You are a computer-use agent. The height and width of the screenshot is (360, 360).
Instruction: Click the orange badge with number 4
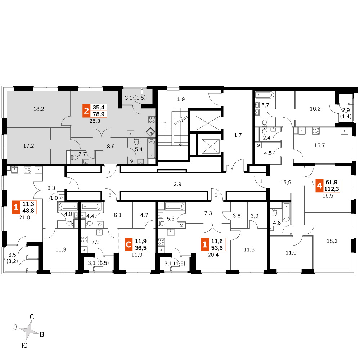[x=319, y=185]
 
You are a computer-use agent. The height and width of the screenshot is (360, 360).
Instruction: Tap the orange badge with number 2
[x=86, y=111]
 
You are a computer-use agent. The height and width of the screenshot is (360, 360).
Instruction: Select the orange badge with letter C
[x=129, y=244]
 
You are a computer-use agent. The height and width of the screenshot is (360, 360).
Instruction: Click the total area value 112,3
[x=332, y=189]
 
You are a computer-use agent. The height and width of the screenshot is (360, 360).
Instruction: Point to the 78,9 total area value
[x=99, y=114]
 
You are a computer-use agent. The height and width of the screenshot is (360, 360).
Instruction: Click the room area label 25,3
[x=95, y=121]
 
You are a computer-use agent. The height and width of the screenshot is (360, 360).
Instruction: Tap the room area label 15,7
[x=319, y=145]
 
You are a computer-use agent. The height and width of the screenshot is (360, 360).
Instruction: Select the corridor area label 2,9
[x=177, y=184]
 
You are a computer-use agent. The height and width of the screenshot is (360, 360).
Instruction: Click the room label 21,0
[x=24, y=217]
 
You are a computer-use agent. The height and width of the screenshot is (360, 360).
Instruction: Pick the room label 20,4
[x=213, y=255]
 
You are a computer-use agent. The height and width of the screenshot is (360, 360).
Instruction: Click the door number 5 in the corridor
[x=109, y=171]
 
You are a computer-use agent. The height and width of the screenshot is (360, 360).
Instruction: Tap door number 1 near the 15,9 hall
[x=261, y=181]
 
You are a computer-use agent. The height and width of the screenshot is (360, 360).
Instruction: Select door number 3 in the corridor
[x=110, y=195]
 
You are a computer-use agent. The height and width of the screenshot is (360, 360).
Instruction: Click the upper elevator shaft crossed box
[x=208, y=123]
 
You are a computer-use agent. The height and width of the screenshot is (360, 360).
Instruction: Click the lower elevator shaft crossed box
[x=211, y=147]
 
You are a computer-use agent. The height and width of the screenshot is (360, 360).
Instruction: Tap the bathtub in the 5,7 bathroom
[x=265, y=95]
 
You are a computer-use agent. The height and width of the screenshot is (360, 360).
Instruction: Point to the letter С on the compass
[x=32, y=317]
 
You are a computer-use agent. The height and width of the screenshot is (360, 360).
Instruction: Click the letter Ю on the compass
[x=24, y=346]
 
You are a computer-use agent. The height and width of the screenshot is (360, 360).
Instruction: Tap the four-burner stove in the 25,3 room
[x=152, y=120]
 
